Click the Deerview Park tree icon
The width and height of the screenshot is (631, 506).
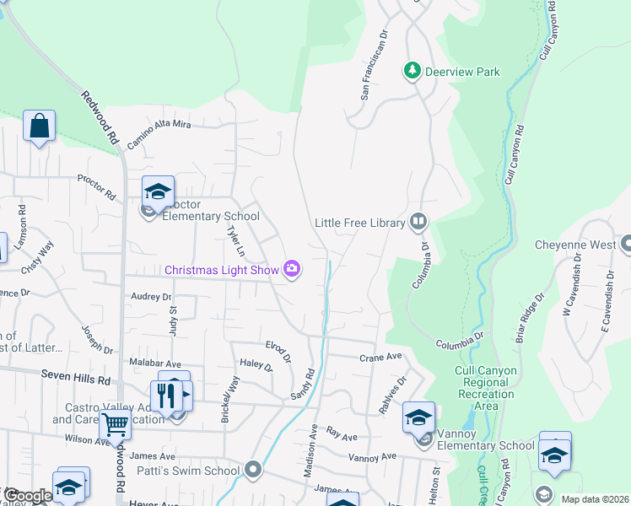(x=413, y=71)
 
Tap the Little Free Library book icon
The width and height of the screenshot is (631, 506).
(x=418, y=223)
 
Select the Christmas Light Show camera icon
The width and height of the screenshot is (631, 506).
(x=292, y=269)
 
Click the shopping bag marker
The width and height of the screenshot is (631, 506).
(x=39, y=126)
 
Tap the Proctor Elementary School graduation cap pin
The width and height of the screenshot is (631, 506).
(x=158, y=192)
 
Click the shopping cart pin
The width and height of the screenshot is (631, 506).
(x=115, y=426)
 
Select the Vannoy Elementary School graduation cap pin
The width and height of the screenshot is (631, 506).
(x=418, y=418)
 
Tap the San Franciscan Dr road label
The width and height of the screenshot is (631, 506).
(x=373, y=67)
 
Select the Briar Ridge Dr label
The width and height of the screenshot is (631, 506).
(x=529, y=318)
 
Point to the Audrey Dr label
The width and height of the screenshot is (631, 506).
(x=151, y=297)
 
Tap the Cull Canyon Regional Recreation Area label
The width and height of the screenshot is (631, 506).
(x=484, y=394)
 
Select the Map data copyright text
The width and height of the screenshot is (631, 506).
(x=595, y=499)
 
